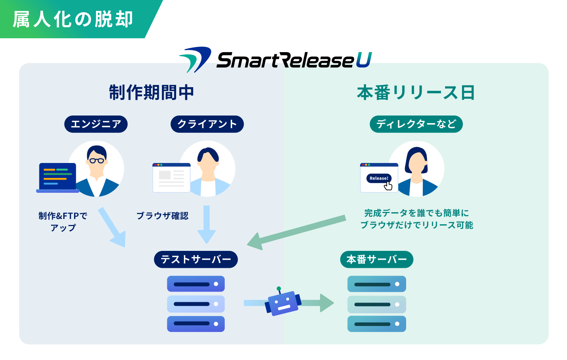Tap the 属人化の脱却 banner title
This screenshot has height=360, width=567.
(x=73, y=19)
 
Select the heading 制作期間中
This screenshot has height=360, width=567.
(x=151, y=92)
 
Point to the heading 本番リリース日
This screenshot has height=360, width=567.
(x=416, y=92)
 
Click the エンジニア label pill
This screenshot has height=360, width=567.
(x=96, y=124)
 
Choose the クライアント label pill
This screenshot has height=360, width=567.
(x=207, y=124)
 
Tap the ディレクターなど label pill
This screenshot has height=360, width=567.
(x=416, y=124)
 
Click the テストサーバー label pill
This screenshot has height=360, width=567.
(x=196, y=259)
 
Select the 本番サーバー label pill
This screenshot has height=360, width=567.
(x=376, y=259)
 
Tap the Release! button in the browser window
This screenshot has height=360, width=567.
(x=378, y=178)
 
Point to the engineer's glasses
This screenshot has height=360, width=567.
(x=97, y=161)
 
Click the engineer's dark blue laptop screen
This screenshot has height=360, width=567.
(x=57, y=176)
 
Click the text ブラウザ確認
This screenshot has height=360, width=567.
(x=162, y=216)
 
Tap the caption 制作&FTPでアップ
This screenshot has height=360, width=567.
(x=63, y=221)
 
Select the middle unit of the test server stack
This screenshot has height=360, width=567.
(x=196, y=304)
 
